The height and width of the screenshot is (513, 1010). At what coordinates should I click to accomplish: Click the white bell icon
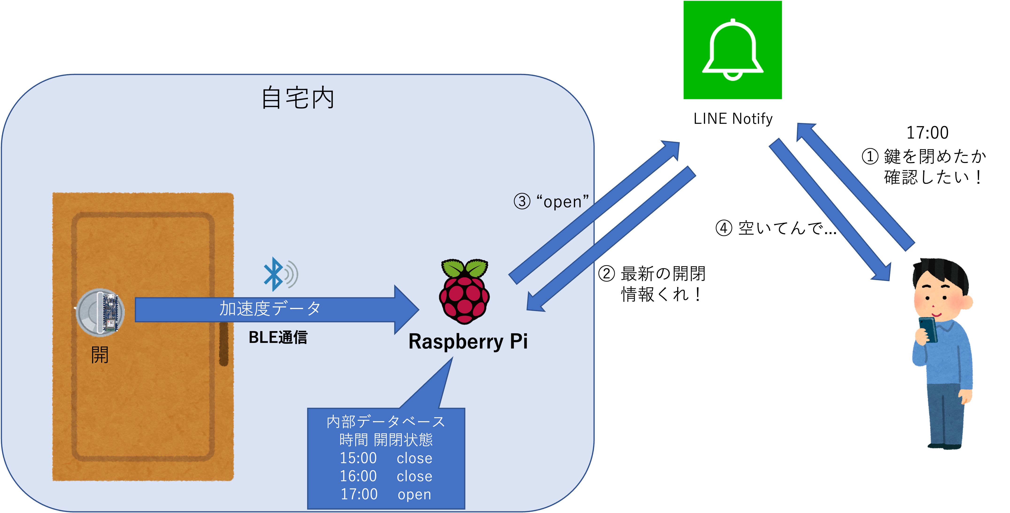point(732,50)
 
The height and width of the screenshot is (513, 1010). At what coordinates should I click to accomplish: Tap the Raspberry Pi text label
point(468,341)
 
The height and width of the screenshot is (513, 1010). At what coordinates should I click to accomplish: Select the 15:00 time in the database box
point(358,458)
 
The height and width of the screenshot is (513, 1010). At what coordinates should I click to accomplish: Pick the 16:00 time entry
point(358,476)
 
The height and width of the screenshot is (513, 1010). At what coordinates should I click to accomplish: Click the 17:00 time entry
point(359,494)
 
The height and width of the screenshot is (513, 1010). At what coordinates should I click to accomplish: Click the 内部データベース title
point(386,422)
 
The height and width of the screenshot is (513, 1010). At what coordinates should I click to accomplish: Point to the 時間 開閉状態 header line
point(386,440)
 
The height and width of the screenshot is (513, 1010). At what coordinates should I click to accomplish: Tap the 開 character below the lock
point(100,355)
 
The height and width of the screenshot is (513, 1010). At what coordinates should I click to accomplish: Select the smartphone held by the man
point(928,329)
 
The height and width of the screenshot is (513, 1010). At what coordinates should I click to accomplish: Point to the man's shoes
point(945,446)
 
